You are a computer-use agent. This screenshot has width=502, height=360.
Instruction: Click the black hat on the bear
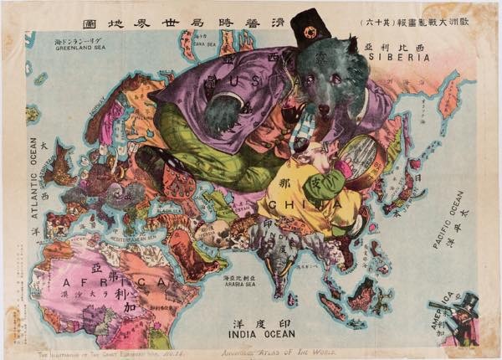[310, 26]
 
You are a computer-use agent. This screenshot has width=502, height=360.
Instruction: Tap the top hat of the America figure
[469, 299]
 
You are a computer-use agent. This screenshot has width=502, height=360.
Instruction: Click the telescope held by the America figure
[441, 306]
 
